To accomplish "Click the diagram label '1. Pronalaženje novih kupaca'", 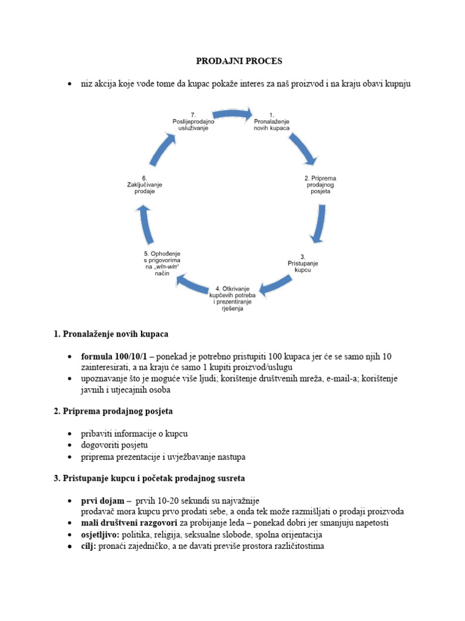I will pos(272,121).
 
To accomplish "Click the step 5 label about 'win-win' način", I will pos(157,263).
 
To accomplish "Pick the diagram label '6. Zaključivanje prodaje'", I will pos(145,184).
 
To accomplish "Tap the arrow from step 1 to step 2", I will pos(302,149).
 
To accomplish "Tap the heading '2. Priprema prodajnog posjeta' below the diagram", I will pos(113,411).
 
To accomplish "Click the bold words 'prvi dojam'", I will pos(104,501).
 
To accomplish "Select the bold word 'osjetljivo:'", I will pos(101,535).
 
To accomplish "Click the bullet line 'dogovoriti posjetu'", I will pos(114,445).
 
